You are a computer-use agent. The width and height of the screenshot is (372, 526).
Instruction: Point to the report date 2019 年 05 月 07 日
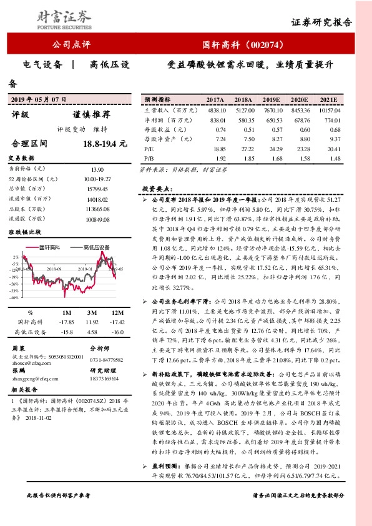pyautogui.click(x=39, y=99)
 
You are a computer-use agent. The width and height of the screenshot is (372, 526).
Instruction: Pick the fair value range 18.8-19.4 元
pyautogui.click(x=104, y=144)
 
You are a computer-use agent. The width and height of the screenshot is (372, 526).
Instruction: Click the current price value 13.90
pyautogui.click(x=97, y=169)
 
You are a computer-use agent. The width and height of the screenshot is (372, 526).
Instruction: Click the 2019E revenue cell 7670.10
pyautogui.click(x=271, y=109)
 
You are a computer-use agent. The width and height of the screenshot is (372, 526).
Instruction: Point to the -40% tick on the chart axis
pyautogui.click(x=13, y=298)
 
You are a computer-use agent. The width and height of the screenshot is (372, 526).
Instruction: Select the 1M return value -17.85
pyautogui.click(x=66, y=322)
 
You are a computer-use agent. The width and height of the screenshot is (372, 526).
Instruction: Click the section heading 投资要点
pyautogui.click(x=156, y=188)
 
